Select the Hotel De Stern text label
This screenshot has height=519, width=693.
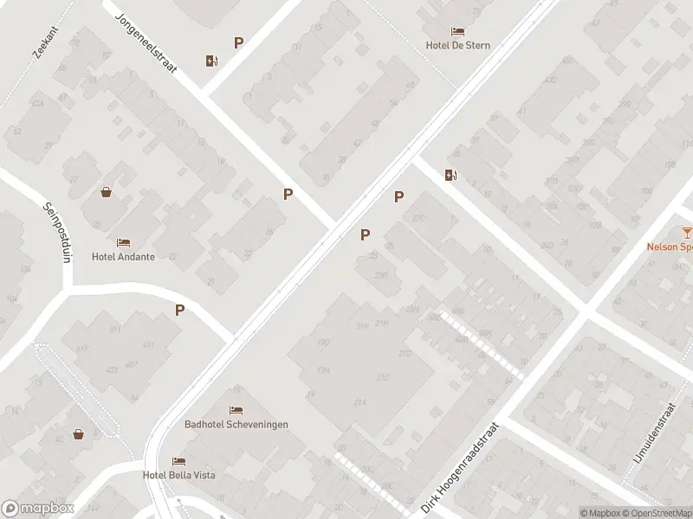click(458, 46)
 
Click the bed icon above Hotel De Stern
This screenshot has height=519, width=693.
click(458, 31)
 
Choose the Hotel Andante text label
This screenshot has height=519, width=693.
click(123, 257)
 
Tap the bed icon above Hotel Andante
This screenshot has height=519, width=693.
click(123, 242)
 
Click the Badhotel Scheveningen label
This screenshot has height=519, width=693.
click(236, 425)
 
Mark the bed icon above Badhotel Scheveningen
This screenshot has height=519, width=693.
click(236, 410)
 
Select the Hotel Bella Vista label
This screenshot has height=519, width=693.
click(179, 475)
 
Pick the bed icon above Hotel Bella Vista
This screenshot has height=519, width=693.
click(178, 461)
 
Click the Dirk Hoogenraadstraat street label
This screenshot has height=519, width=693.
click(460, 468)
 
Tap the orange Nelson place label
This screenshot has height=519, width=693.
click(670, 246)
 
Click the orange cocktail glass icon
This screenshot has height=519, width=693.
click(687, 231)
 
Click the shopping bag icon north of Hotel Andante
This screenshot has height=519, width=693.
click(106, 192)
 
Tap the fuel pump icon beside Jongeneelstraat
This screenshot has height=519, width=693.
click(212, 61)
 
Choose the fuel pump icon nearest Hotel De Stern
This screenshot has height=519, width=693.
click(450, 176)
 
